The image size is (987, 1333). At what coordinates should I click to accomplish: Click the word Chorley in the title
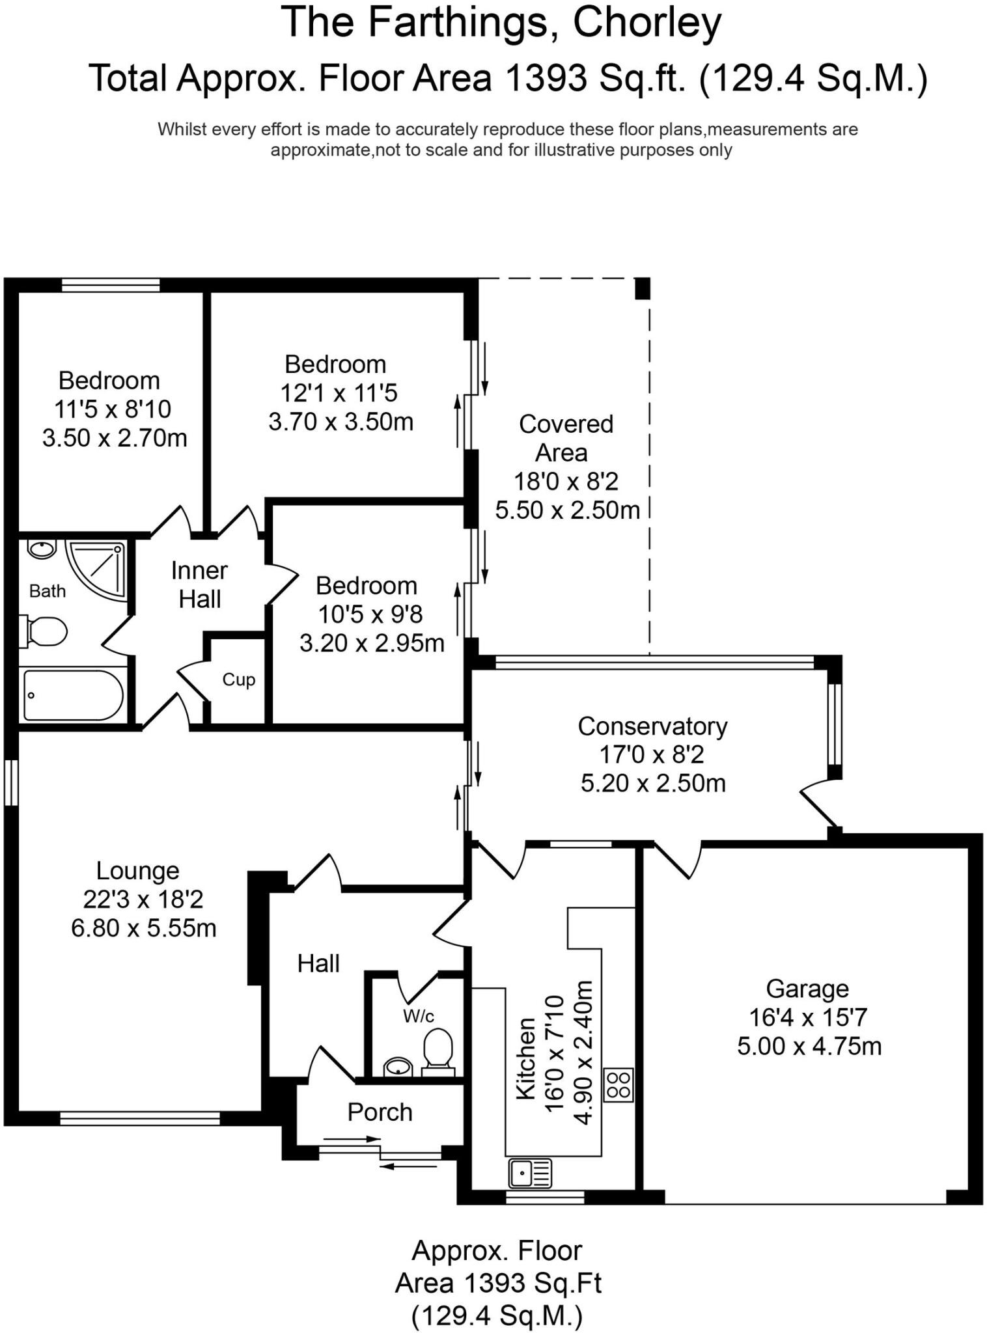point(647,23)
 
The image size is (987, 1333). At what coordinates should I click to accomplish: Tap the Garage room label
point(807,989)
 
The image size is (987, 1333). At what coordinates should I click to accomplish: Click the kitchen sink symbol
point(531,1174)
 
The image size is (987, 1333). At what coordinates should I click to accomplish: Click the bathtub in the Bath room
point(73,695)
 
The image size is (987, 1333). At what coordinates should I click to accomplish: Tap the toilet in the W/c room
point(438,1048)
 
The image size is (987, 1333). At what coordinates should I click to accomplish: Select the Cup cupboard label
point(238,680)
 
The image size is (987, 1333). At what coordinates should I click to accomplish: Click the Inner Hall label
point(200,584)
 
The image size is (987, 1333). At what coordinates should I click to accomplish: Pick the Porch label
point(380,1112)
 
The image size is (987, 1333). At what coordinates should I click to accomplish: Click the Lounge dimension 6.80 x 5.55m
point(144,928)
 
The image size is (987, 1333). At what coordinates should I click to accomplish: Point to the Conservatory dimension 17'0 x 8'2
point(652,754)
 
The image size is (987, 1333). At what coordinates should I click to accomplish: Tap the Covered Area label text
point(565,438)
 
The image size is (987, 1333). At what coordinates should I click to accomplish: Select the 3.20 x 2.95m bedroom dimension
point(372,643)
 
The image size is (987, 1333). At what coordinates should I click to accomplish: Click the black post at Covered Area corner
point(643,288)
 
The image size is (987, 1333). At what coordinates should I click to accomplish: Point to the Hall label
point(318,963)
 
